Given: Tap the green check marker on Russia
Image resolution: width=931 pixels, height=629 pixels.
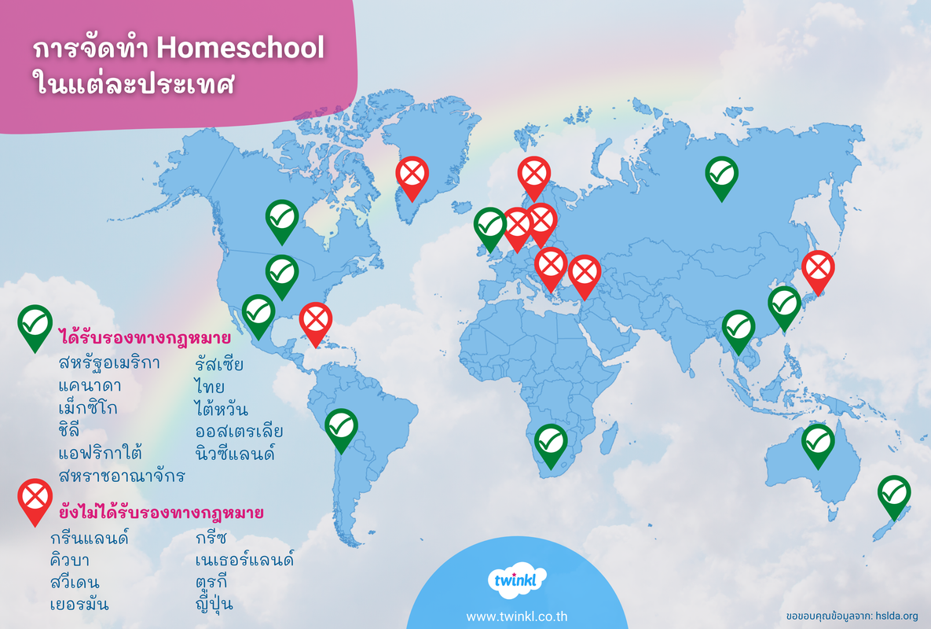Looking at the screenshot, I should tap(721, 174).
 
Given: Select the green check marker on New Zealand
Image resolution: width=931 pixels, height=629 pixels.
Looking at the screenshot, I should tap(894, 493).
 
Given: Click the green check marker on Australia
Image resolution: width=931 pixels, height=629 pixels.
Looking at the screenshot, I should tap(818, 442).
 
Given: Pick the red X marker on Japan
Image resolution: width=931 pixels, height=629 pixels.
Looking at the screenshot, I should tap(819, 268).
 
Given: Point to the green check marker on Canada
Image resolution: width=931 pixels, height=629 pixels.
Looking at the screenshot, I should tap(281, 217).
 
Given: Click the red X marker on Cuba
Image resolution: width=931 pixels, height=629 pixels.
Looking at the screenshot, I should tap(316, 320).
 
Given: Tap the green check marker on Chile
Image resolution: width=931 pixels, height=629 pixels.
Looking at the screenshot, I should tap(341, 426).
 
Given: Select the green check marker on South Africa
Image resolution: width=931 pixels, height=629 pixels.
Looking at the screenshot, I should tap(551, 442).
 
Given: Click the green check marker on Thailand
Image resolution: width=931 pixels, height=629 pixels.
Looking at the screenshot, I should tap(738, 328).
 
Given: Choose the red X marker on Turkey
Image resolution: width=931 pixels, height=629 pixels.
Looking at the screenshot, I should tap(585, 273).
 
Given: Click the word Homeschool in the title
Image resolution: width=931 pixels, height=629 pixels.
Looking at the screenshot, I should tap(240, 49).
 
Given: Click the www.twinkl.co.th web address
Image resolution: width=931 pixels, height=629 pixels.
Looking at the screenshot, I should tap(516, 616).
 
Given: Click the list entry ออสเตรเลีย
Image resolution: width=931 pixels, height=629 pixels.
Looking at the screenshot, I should tap(239, 432).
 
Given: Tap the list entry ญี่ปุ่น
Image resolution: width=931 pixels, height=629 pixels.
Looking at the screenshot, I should tap(214, 605).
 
